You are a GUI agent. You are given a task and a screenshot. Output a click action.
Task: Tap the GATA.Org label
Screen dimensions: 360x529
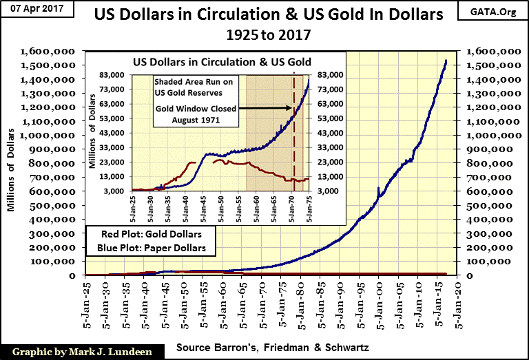[495, 13]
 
